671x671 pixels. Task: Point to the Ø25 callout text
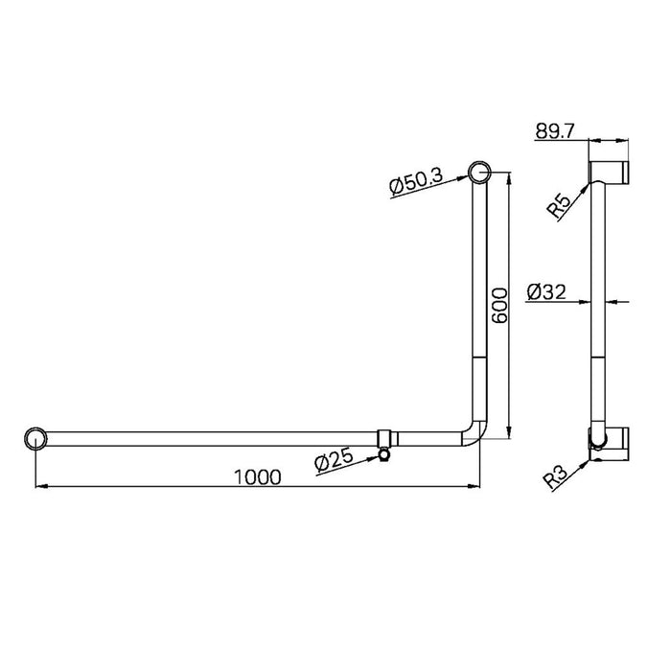335,462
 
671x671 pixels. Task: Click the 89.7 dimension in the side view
556,132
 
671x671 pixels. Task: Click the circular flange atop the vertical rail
479,173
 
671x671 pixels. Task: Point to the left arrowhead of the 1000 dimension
39,488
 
